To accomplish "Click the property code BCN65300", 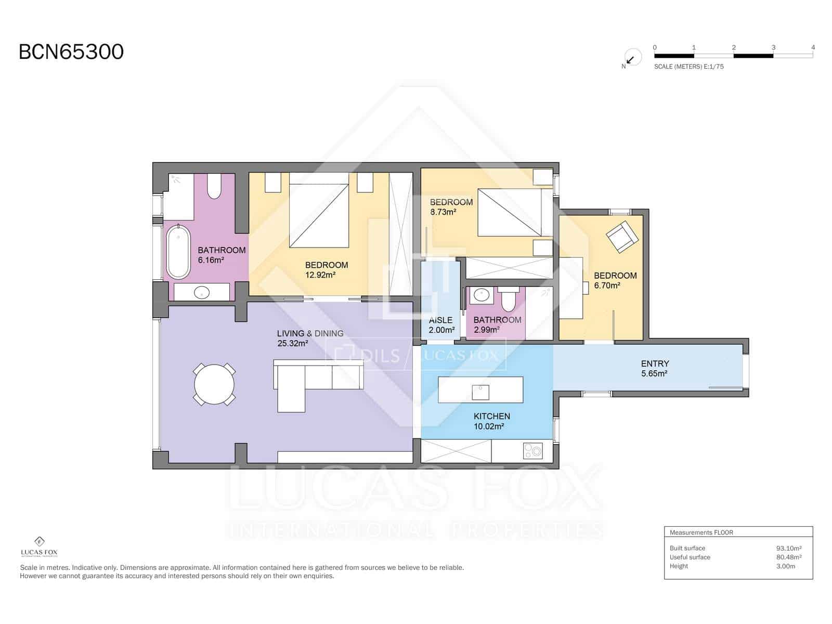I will (x=71, y=52).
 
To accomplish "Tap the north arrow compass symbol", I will (x=632, y=58).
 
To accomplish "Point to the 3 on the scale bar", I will (x=773, y=47).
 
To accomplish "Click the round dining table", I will (x=214, y=384).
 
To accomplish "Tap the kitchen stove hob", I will (x=532, y=450).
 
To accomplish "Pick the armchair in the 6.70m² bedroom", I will (x=622, y=237).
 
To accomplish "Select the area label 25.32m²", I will (x=293, y=343).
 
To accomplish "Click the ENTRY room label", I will (x=655, y=363).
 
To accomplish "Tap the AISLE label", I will (x=440, y=320).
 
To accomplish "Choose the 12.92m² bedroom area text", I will (x=320, y=275).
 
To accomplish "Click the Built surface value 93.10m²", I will (x=788, y=548).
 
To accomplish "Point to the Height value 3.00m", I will (x=785, y=566).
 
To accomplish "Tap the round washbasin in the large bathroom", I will (x=202, y=293).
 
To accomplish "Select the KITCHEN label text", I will (x=491, y=416).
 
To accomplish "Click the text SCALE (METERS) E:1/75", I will (x=688, y=67).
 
